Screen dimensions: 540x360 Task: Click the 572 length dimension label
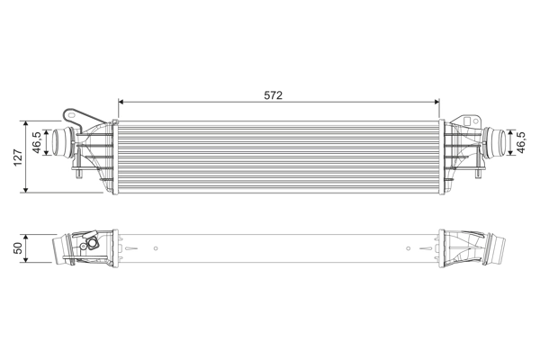273,95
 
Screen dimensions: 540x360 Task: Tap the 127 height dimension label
18,157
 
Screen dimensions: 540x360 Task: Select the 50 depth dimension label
18,248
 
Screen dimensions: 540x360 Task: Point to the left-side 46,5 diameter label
37,142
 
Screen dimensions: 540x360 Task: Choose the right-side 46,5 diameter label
521,142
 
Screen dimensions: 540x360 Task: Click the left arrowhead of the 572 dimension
121,102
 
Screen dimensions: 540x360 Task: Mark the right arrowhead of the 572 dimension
437,102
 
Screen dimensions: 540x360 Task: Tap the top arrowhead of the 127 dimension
26,123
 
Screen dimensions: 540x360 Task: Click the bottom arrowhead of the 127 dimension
26,190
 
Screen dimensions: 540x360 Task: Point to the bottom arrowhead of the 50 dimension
26,260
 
